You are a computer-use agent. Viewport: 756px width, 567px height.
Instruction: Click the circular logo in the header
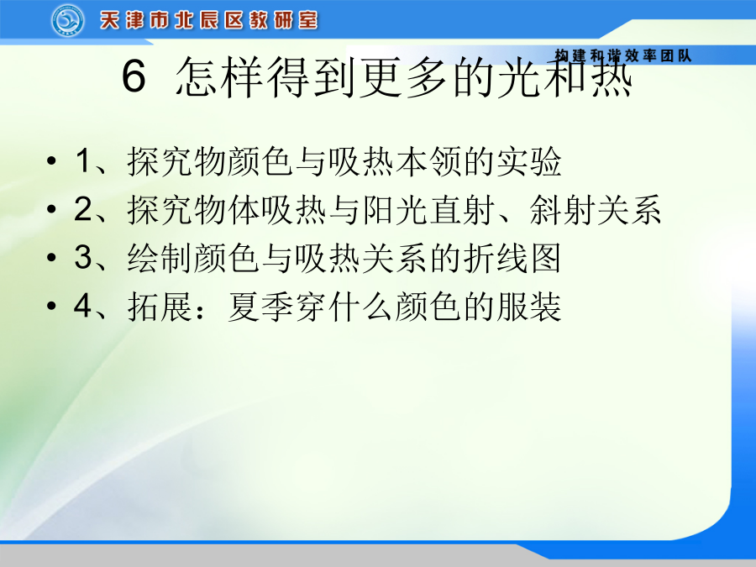click(x=68, y=21)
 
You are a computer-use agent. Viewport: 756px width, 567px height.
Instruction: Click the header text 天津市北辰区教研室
click(x=209, y=21)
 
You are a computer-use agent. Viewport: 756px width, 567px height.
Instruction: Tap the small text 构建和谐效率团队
click(x=623, y=55)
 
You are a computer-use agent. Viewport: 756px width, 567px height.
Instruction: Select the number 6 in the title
click(x=134, y=76)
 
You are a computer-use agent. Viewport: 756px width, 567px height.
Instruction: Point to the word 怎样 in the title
click(x=219, y=76)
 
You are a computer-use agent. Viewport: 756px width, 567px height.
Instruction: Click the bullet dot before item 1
click(x=51, y=161)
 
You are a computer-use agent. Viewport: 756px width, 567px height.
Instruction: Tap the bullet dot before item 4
click(x=51, y=306)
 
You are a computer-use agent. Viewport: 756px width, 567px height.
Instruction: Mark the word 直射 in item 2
click(x=461, y=209)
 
